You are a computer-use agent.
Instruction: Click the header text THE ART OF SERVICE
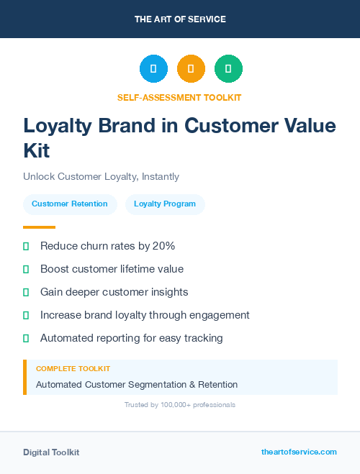180,19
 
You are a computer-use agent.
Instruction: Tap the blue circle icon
153,69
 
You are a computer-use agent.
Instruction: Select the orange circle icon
191,69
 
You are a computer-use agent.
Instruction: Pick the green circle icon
228,69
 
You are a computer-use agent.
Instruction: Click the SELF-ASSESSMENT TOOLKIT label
179,97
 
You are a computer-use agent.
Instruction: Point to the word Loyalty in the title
60,125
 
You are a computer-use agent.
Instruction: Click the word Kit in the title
37,150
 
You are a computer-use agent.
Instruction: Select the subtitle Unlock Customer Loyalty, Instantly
101,176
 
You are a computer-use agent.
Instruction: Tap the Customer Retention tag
69,204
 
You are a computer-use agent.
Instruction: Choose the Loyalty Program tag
165,204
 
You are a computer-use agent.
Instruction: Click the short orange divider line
39,227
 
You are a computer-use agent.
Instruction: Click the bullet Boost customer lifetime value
112,269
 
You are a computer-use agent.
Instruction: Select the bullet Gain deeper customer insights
114,292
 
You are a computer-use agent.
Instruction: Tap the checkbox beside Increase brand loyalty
26,315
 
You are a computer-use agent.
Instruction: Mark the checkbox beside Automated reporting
26,338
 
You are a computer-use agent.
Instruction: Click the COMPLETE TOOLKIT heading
73,368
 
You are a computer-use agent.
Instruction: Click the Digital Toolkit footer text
51,452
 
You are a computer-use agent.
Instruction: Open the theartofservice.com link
299,452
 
